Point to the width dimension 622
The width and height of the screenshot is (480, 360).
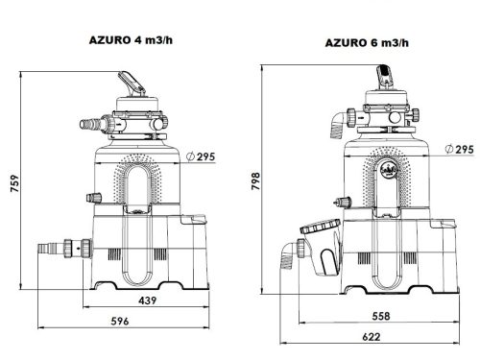371,338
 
